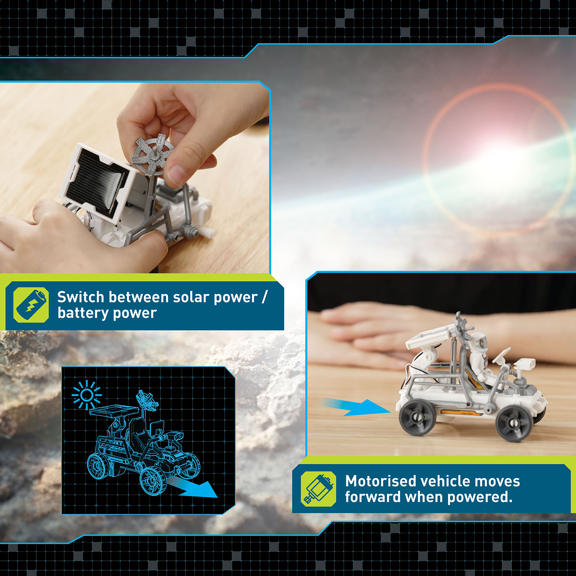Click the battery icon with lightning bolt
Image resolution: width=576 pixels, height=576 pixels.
pos(31,305)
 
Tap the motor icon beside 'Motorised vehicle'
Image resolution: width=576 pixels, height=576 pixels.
pos(318,489)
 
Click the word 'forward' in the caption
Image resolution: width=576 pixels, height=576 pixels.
pos(373,497)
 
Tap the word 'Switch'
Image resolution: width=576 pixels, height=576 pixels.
pos(81,297)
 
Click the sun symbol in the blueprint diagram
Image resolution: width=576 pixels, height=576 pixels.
pos(87,395)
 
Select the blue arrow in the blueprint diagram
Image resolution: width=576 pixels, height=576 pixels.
pos(192,488)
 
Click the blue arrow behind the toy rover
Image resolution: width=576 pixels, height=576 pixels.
pos(355,407)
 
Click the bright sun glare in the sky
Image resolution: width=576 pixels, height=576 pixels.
pos(499,161)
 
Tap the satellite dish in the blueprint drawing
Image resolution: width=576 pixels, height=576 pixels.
pos(147,400)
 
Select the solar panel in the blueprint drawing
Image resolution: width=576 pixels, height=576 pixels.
pos(114,410)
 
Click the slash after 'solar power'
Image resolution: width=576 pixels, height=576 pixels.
pos(264,297)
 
